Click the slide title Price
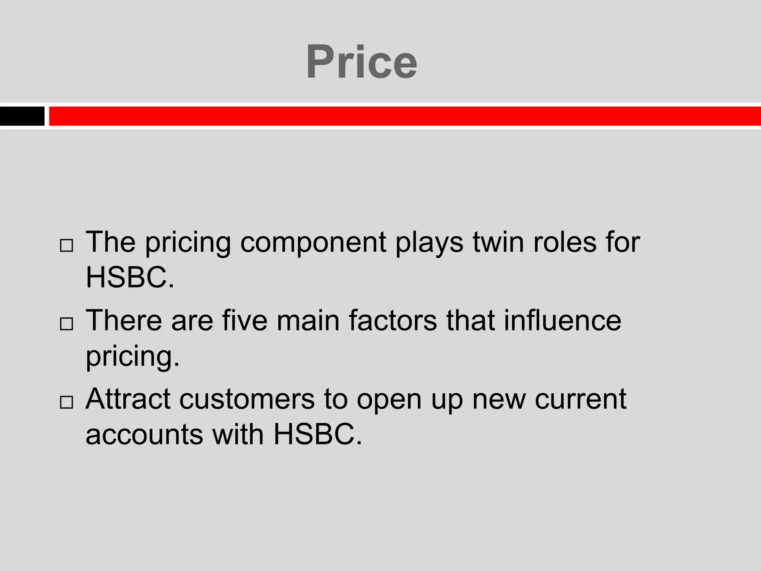(x=361, y=62)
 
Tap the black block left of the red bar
(x=22, y=116)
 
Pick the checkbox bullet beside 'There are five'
(x=66, y=324)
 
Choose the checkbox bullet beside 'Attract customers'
(x=66, y=402)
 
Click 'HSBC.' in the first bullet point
(x=130, y=277)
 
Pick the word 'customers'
(x=247, y=399)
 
